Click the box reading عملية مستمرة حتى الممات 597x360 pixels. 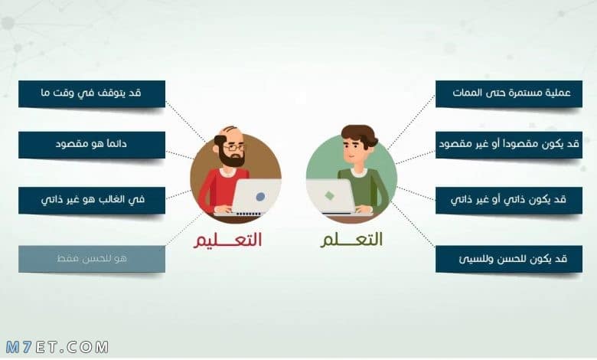(509, 93)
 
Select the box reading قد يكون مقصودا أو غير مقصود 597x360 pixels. (509, 145)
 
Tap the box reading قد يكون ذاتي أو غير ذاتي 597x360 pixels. (509, 200)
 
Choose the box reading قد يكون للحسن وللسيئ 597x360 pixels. (509, 259)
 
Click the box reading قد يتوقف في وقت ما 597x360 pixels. (92, 93)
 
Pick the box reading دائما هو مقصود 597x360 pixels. (92, 145)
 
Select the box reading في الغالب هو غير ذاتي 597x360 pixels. (92, 200)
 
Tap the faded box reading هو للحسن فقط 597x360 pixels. (92, 259)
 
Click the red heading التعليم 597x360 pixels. (227, 241)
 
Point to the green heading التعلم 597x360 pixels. (351, 241)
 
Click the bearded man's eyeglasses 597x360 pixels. (233, 146)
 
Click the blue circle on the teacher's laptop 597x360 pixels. (261, 197)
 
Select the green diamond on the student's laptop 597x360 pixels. (329, 196)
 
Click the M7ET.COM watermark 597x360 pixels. (57, 347)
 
